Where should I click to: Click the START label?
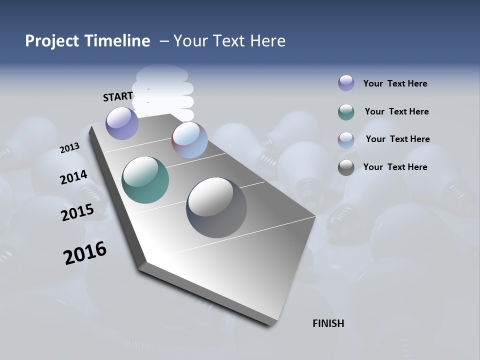pyautogui.click(x=118, y=96)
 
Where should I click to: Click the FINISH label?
pyautogui.click(x=328, y=323)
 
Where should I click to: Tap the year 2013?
pyautogui.click(x=69, y=148)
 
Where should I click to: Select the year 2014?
pyautogui.click(x=74, y=177)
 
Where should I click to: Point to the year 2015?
pyautogui.click(x=77, y=212)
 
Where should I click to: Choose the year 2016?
pyautogui.click(x=85, y=253)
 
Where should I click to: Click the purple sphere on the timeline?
pyautogui.click(x=122, y=123)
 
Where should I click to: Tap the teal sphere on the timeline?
pyautogui.click(x=145, y=180)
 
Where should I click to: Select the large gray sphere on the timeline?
pyautogui.click(x=216, y=207)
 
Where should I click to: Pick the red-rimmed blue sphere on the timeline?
pyautogui.click(x=189, y=140)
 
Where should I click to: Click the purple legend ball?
pyautogui.click(x=346, y=83)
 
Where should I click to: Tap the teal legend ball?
pyautogui.click(x=346, y=112)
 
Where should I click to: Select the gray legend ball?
pyautogui.click(x=346, y=167)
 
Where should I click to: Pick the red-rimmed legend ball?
pyautogui.click(x=346, y=140)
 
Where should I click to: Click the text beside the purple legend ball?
pyautogui.click(x=395, y=83)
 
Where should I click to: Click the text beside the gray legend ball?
pyautogui.click(x=395, y=167)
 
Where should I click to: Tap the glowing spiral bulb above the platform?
pyautogui.click(x=164, y=90)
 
